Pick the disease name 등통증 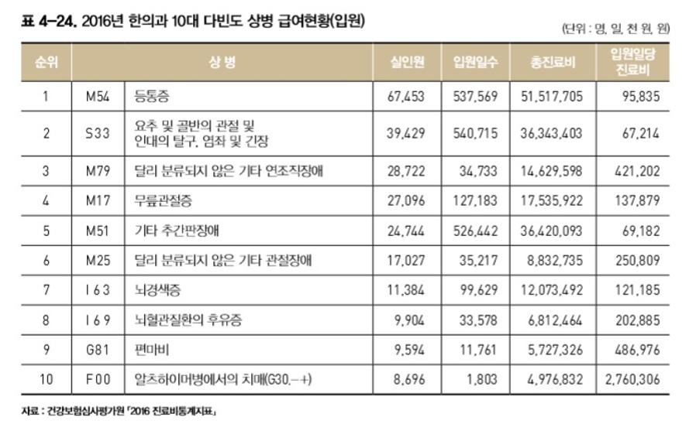coord(152,97)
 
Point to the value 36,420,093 coord(551,230)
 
